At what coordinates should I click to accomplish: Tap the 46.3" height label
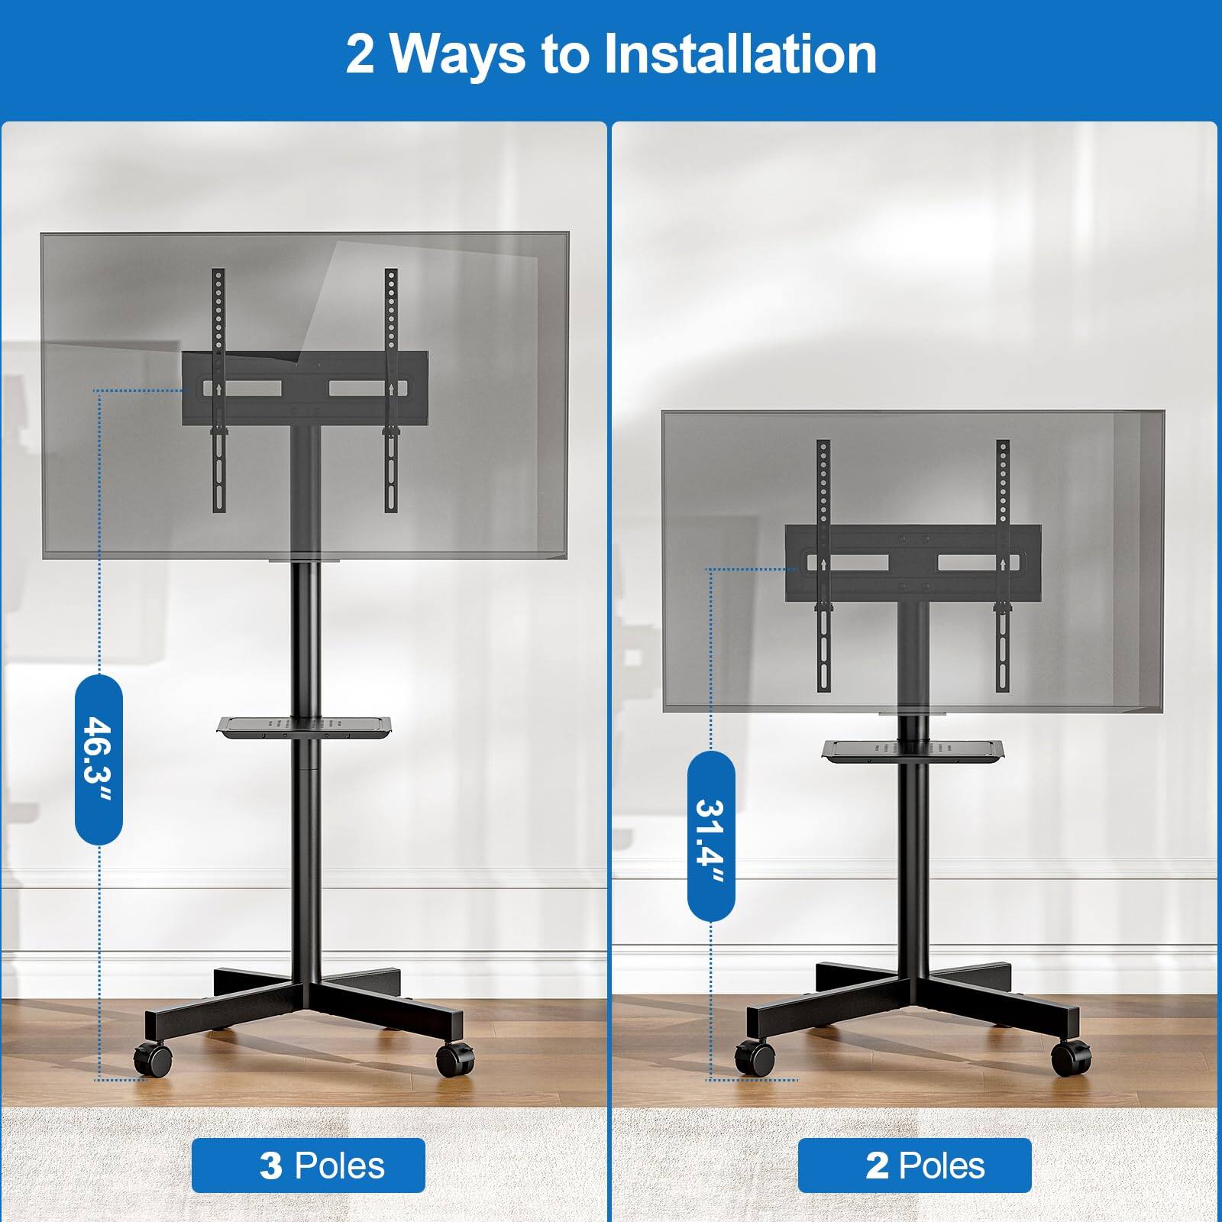click(x=99, y=759)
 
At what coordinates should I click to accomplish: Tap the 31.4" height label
click(x=711, y=834)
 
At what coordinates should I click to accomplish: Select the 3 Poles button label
click(x=308, y=1165)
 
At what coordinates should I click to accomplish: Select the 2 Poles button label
click(x=914, y=1165)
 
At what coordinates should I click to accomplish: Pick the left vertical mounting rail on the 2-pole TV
click(x=823, y=565)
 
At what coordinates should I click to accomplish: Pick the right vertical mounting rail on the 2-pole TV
click(x=1002, y=565)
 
